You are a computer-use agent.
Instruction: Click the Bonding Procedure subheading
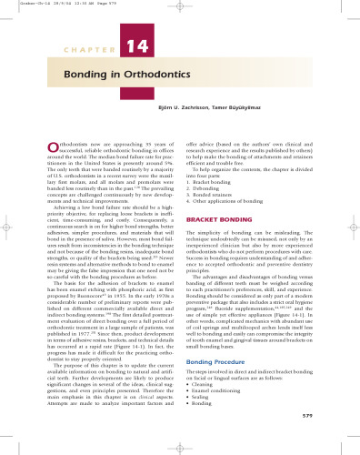221,387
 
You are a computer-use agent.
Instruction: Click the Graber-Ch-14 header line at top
46,5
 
